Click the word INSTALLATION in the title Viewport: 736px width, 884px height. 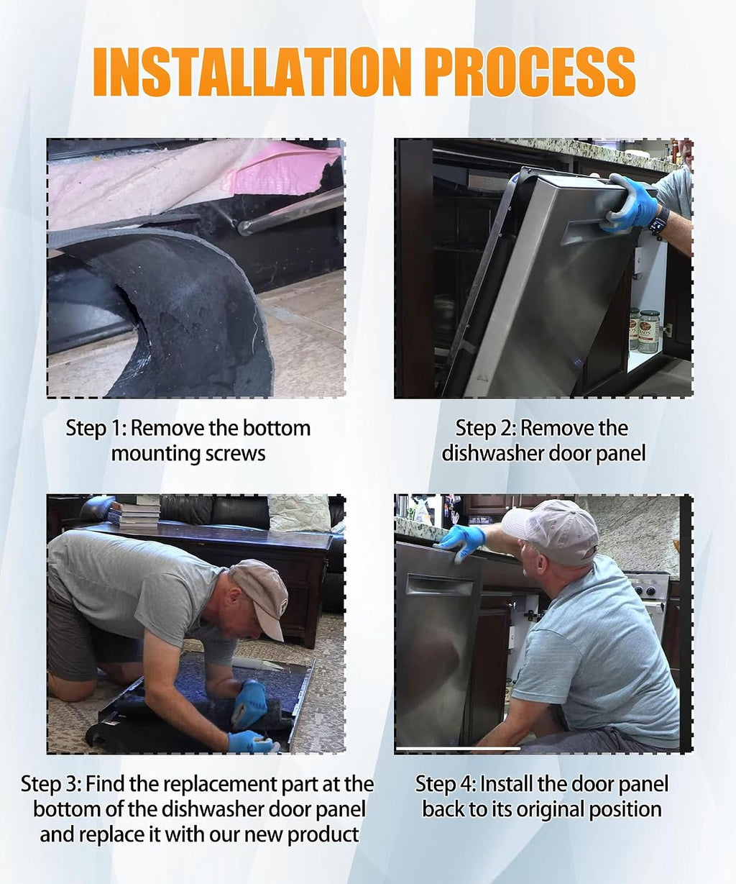252,72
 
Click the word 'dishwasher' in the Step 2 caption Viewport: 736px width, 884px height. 493,453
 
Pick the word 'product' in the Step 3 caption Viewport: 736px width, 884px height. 323,835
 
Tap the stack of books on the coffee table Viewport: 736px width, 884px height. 134,514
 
